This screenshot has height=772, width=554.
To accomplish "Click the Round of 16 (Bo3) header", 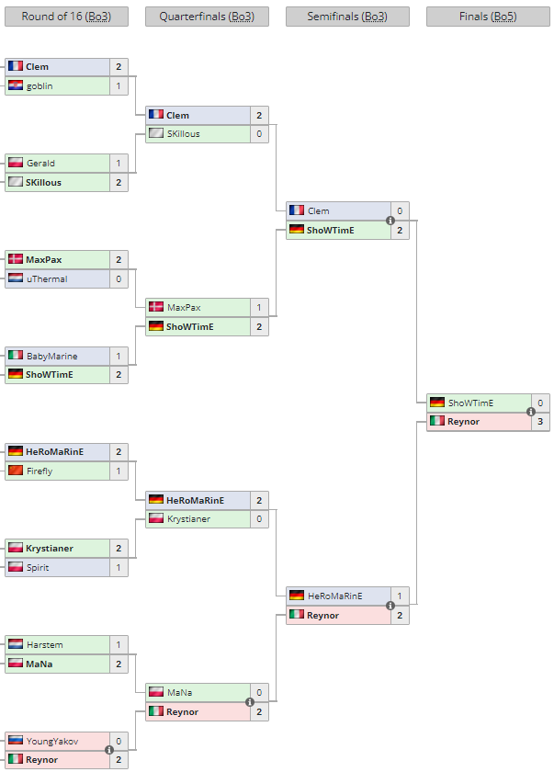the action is tap(66, 17).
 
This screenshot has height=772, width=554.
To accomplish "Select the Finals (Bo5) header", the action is tap(488, 17).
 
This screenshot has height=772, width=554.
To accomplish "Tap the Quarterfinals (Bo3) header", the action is tap(207, 17).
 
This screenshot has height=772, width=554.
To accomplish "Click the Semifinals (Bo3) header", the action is tap(347, 17).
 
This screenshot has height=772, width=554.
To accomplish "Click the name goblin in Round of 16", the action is tap(40, 86).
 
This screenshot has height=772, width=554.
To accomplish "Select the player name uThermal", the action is tap(47, 279).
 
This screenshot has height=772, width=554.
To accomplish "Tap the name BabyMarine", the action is tap(51, 356).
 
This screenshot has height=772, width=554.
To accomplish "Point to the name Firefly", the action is tap(40, 471).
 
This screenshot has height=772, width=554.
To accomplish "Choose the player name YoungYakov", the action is tap(52, 741).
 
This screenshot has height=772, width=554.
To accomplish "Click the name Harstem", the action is tap(44, 644).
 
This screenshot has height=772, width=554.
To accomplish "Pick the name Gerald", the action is tap(40, 163).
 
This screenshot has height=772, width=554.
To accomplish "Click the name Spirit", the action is tap(38, 568).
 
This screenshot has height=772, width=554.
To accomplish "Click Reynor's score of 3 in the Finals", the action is tap(540, 422).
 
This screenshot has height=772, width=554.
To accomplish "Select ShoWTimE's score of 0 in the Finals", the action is tap(540, 403).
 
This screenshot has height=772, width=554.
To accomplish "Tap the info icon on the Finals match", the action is tap(531, 412).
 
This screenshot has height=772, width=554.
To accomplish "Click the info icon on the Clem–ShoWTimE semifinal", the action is tap(390, 221).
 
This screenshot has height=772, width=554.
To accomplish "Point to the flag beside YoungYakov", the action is tap(16, 741).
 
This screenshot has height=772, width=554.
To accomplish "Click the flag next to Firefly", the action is tap(16, 471).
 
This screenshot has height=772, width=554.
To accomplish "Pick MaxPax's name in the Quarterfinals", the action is tap(184, 308).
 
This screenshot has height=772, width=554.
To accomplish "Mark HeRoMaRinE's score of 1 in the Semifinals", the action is tap(400, 596).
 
